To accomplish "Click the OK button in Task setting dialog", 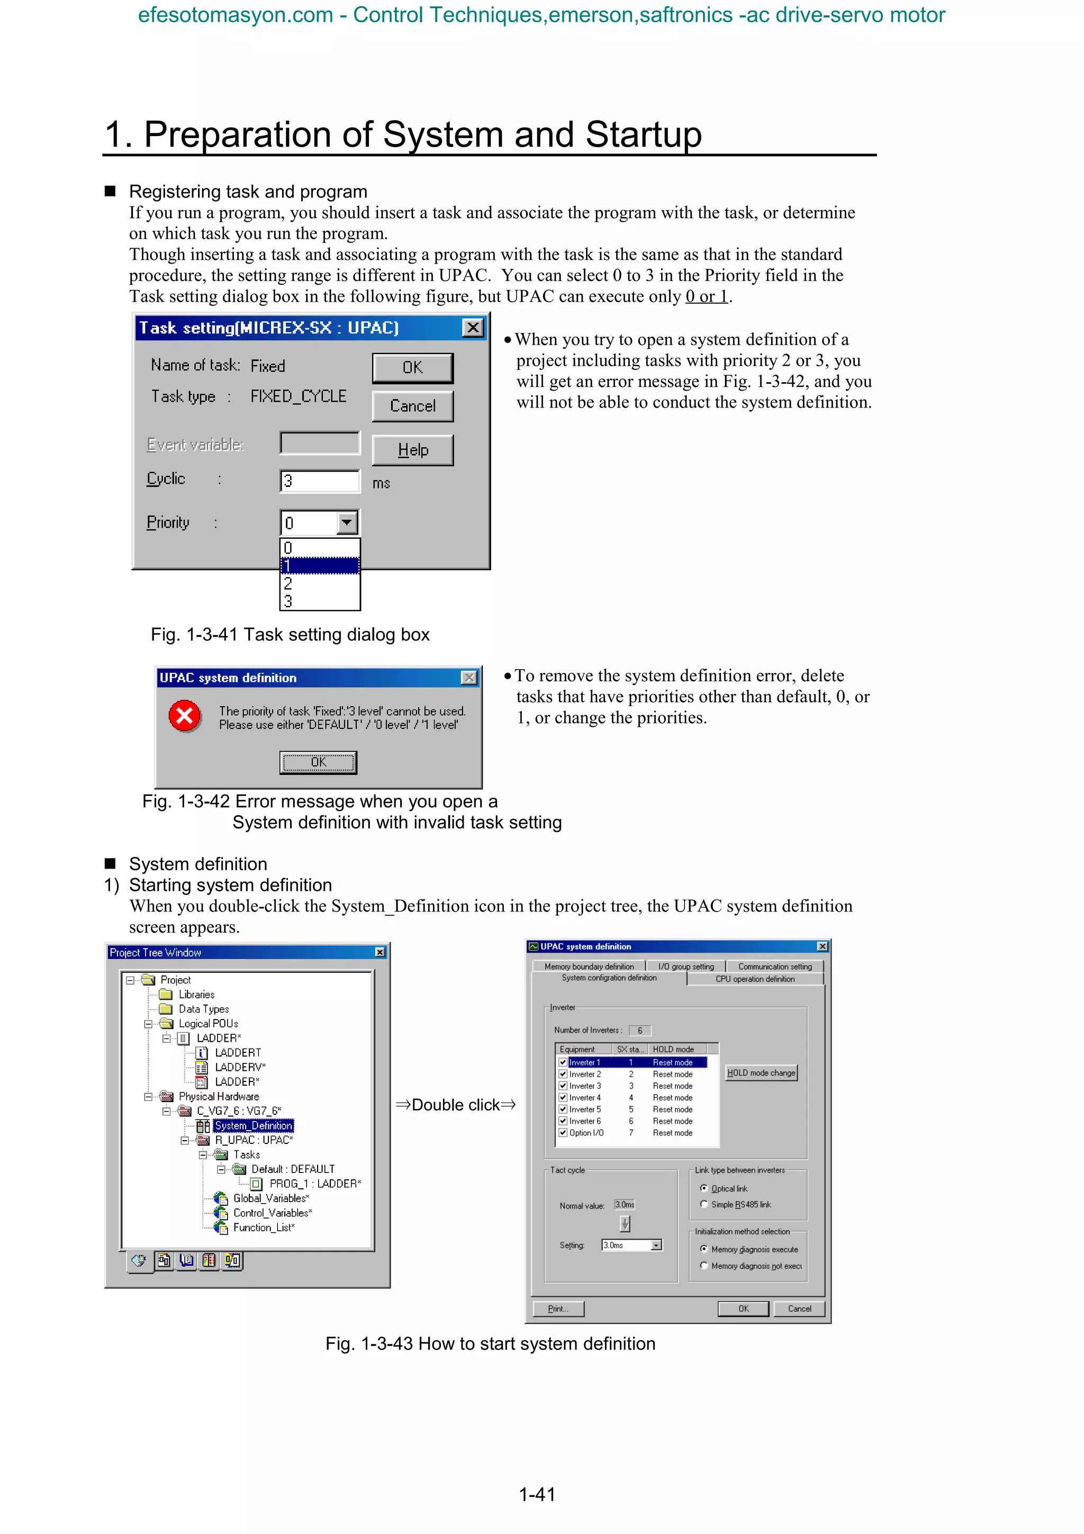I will [412, 367].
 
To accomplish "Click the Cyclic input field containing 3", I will [319, 481].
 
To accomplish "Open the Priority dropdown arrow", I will [347, 522].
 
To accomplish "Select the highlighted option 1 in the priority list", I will [319, 566].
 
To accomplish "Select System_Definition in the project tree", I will [253, 1126].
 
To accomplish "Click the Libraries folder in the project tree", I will [196, 995].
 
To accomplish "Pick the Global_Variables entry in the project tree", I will [270, 1198].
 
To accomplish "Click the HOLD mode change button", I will [761, 1073].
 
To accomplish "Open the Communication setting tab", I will [775, 967].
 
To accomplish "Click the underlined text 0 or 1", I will [706, 296].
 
